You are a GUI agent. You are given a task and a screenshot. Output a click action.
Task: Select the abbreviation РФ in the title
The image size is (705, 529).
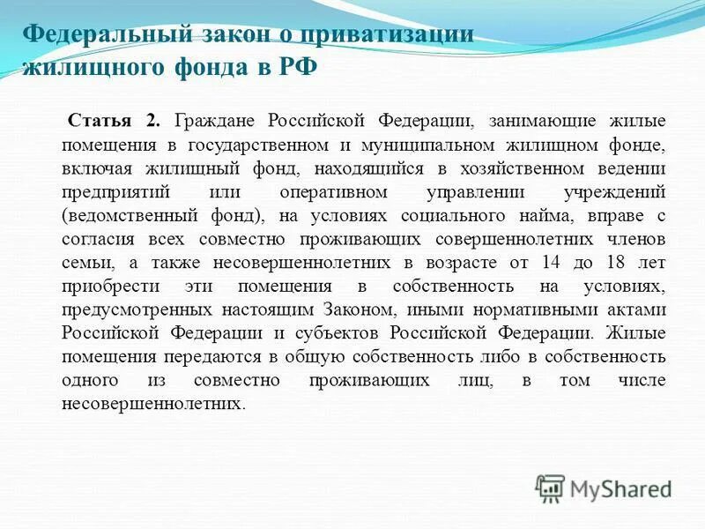pyautogui.click(x=297, y=68)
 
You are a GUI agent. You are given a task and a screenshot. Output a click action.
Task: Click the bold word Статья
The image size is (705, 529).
pyautogui.click(x=99, y=120)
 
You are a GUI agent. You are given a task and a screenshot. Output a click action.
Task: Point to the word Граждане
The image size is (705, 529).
pyautogui.click(x=218, y=120)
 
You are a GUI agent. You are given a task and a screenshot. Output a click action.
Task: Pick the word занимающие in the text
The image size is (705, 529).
pyautogui.click(x=543, y=120)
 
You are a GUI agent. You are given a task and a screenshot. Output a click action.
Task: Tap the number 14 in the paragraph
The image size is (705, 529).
pyautogui.click(x=548, y=263)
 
